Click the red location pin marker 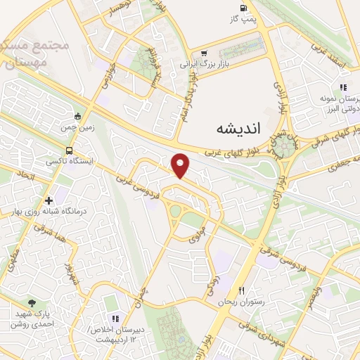181,165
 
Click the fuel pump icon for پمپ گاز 243,9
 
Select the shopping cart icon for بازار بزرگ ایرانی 204,53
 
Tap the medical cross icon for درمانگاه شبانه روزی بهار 49,200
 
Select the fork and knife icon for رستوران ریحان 241,290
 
